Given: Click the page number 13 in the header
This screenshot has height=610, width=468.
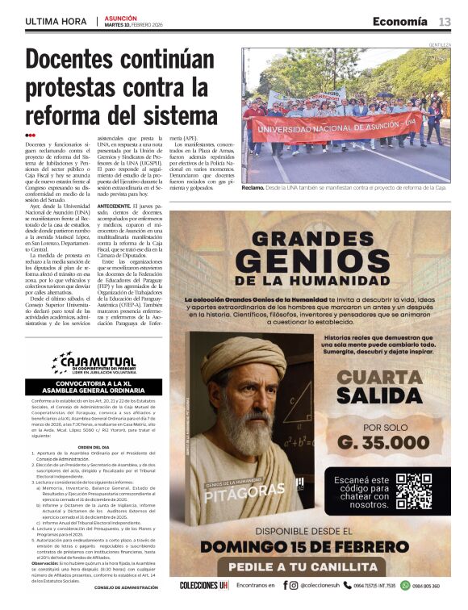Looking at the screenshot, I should [445, 22].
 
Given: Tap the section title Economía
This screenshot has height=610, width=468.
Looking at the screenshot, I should [399, 22].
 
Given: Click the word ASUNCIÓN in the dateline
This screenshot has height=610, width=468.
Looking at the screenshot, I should [120, 16].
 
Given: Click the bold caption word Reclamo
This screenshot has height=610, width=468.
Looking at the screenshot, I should [254, 187].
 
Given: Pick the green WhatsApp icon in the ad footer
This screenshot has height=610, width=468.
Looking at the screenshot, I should [405, 586].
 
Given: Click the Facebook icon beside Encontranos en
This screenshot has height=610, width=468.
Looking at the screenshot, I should [283, 586].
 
